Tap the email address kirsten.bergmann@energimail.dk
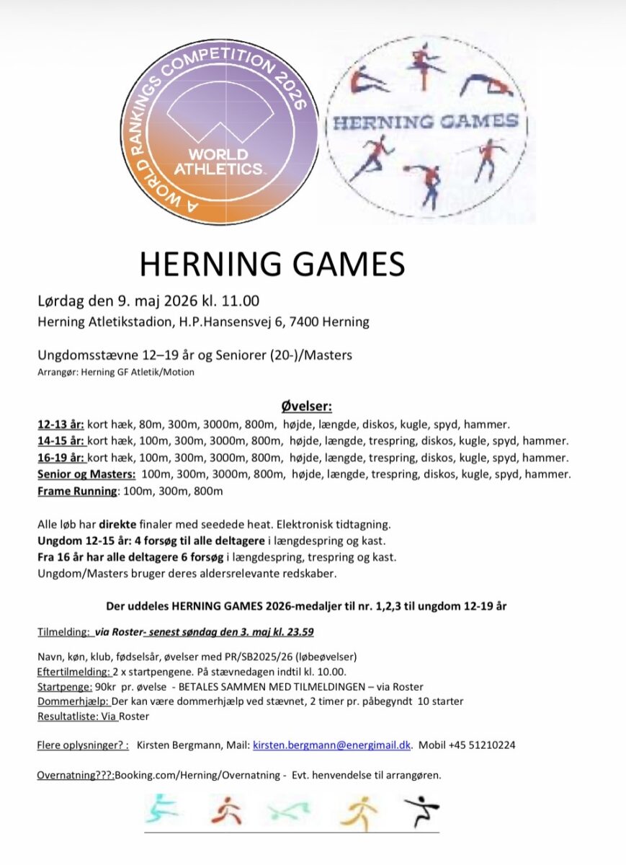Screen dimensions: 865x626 331,745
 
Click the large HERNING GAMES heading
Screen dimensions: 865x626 272,265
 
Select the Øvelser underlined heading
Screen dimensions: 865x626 305,407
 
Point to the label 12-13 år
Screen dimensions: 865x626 61,424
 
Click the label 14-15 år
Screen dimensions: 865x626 61,440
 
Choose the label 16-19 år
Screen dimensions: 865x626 61,458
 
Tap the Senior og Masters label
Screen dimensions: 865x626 86,474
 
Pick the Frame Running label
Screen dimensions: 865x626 76,491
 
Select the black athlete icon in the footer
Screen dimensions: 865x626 421,813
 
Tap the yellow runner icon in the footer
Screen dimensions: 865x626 358,813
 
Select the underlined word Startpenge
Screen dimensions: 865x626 64,687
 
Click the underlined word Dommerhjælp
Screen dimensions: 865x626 73,701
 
